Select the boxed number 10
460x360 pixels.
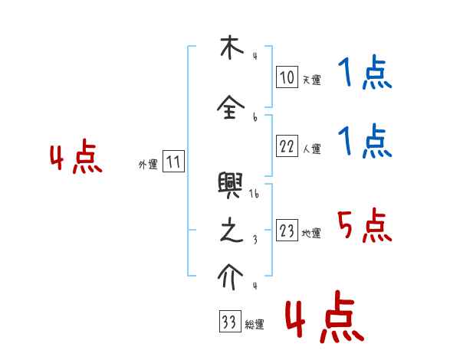click(x=287, y=77)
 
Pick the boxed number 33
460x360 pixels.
click(x=228, y=322)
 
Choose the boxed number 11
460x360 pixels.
click(x=173, y=162)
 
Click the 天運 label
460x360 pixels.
click(x=311, y=80)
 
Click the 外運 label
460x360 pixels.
click(x=148, y=164)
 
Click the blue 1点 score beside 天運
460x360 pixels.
click(x=365, y=75)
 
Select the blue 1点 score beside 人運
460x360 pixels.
click(x=365, y=142)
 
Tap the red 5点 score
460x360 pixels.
click(x=365, y=226)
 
